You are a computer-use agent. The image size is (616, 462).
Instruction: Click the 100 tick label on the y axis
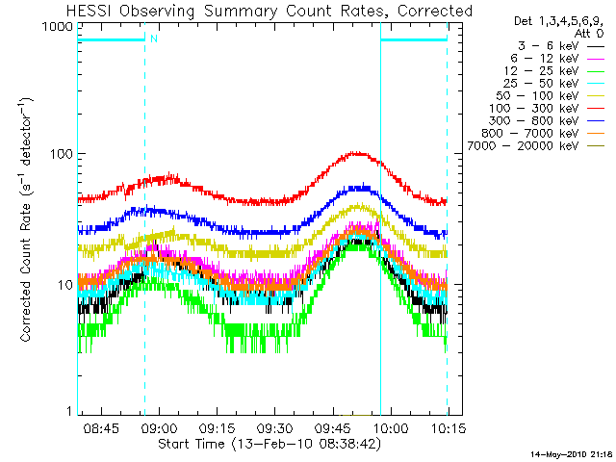[61, 154]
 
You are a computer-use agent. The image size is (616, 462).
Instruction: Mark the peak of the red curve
[358, 152]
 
